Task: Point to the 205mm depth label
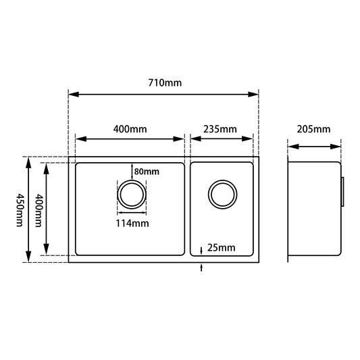[313, 128]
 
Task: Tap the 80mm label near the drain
[147, 171]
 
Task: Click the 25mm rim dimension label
[222, 247]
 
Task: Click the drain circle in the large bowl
[130, 195]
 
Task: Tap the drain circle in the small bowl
[222, 195]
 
